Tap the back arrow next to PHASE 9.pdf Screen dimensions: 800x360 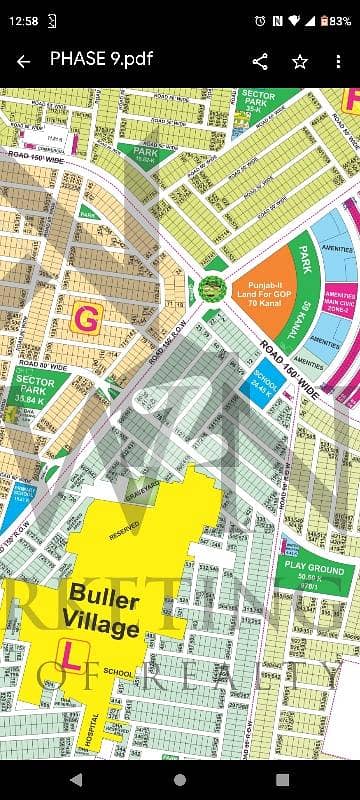click(x=23, y=62)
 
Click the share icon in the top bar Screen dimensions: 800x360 click(x=260, y=62)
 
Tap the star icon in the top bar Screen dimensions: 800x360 click(x=299, y=62)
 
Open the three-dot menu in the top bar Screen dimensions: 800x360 click(x=338, y=62)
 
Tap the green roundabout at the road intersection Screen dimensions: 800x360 click(x=211, y=289)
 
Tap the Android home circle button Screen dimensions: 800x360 click(x=180, y=779)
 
